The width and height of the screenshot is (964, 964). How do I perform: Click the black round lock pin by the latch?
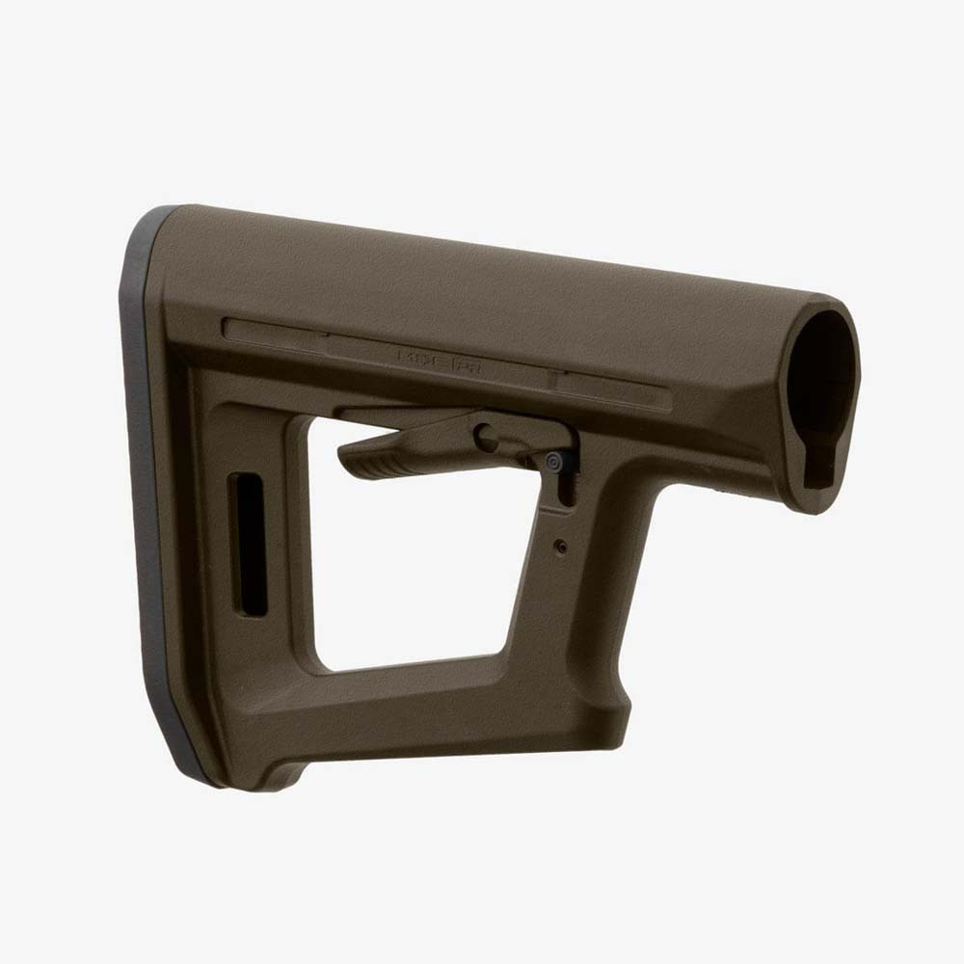tap(554, 462)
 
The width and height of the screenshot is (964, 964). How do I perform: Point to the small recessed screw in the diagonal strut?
tap(560, 547)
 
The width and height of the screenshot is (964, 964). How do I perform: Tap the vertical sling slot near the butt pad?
tap(250, 544)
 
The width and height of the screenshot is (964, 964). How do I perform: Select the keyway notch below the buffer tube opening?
tap(820, 472)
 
